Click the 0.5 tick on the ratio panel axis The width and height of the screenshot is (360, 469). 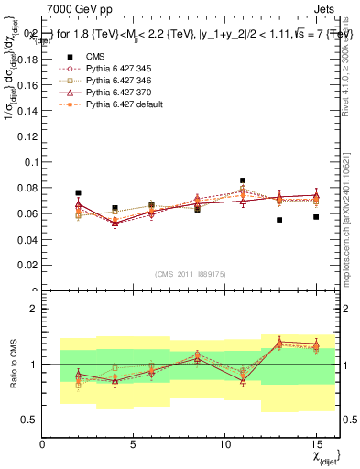click(x=31, y=420)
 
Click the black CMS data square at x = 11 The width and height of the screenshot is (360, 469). click(x=243, y=180)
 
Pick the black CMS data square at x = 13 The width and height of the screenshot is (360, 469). click(x=279, y=220)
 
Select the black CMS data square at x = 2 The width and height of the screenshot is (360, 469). click(x=79, y=193)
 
